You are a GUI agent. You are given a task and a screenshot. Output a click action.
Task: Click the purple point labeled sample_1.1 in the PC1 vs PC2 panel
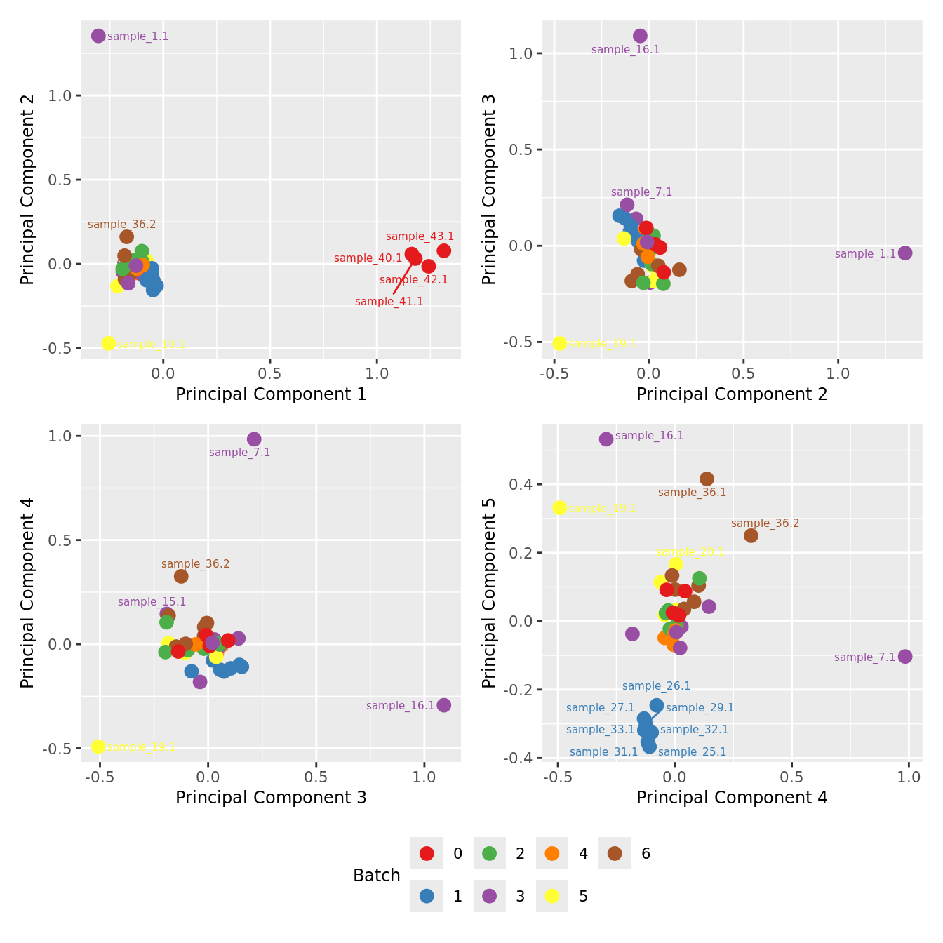pos(98,36)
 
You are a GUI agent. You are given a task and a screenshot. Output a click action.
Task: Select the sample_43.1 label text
pos(420,236)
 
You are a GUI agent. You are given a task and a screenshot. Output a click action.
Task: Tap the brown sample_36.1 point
pos(707,479)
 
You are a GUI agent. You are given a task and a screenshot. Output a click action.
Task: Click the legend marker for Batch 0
pos(427,853)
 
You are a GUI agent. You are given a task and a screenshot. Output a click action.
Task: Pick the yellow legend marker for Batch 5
pos(552,896)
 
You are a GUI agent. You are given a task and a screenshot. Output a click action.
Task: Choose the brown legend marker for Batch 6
pos(615,853)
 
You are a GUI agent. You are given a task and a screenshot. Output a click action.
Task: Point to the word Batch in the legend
pos(377,876)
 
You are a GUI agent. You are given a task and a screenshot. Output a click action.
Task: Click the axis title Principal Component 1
pos(271,394)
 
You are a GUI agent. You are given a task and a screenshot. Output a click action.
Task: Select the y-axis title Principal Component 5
pos(489,593)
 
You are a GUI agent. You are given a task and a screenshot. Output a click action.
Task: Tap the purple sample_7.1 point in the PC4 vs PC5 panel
pos(905,656)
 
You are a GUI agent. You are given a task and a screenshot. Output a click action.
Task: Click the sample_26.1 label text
pos(656,686)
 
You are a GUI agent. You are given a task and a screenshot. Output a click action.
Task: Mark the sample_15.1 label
pos(152,602)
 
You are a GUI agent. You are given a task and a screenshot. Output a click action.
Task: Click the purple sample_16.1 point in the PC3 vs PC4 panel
pos(443,705)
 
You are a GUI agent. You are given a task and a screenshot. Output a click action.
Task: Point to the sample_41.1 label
pos(389,302)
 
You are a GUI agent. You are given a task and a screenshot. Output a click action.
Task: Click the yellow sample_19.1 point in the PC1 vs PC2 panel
pos(108,343)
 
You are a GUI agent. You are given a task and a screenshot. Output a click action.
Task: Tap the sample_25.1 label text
pos(692,752)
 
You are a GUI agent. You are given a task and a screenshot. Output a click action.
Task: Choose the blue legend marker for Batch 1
pos(427,896)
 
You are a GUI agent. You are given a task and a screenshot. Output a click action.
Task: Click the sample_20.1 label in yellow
pos(690,552)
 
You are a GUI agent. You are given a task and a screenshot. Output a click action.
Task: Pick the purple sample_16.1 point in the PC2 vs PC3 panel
pos(640,36)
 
